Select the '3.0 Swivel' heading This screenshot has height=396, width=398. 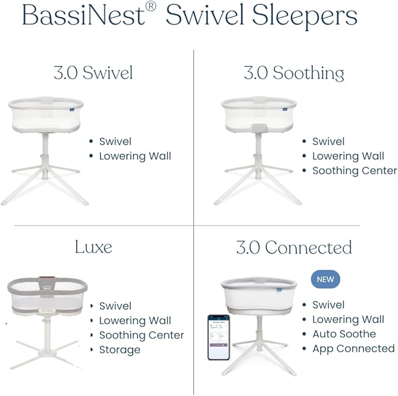click(x=93, y=73)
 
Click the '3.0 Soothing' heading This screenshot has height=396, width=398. click(x=294, y=73)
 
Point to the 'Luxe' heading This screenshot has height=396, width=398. click(x=93, y=247)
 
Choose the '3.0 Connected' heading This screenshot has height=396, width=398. click(x=294, y=247)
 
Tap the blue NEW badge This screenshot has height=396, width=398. click(x=325, y=279)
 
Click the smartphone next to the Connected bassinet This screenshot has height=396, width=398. click(x=218, y=337)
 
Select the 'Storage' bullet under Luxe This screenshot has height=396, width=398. click(x=120, y=350)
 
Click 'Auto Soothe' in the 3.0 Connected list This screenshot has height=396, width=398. click(x=344, y=334)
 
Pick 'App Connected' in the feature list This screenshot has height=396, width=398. click(x=353, y=349)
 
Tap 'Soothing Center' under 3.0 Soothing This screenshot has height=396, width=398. click(x=354, y=170)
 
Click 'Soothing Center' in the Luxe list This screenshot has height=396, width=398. click(x=141, y=335)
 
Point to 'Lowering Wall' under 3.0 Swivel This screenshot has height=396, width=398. click(x=135, y=156)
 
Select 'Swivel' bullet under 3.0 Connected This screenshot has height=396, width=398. click(x=328, y=305)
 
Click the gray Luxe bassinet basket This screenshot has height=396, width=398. click(x=47, y=296)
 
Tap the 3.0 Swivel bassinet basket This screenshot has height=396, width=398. click(x=46, y=115)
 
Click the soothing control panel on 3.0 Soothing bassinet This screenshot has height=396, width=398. click(x=258, y=127)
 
